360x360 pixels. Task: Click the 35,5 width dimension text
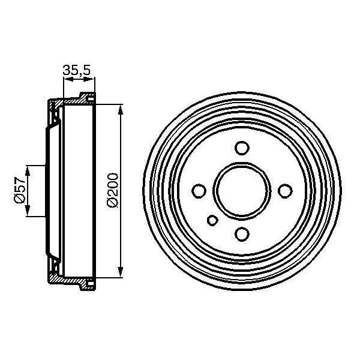76,71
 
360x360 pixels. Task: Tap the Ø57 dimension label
19,190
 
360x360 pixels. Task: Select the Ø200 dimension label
112,191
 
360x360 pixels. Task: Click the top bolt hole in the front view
242,148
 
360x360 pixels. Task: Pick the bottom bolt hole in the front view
242,234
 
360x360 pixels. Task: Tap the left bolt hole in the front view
199,191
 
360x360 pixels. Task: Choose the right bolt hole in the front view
285,191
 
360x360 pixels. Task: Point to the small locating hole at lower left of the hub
212,220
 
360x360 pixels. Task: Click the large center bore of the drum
242,191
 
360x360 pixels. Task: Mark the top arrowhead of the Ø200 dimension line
122,109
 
